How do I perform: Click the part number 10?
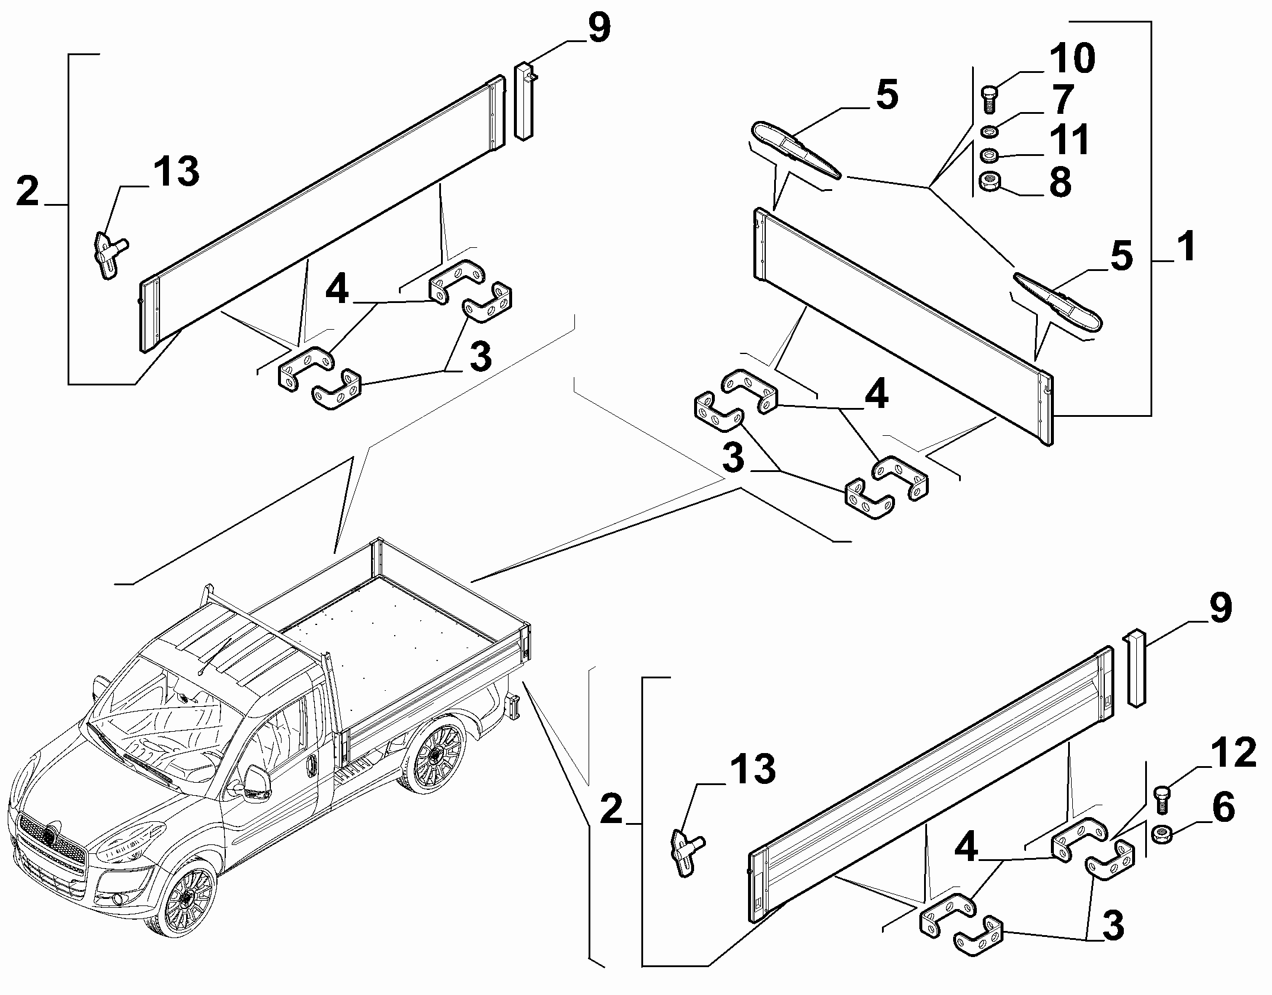(1072, 59)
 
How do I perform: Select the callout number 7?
(1062, 99)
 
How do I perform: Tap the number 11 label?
(1069, 140)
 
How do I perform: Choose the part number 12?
(1234, 753)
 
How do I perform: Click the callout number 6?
(1223, 808)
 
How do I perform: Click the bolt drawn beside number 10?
(990, 99)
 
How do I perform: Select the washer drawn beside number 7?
(989, 131)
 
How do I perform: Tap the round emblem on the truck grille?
(49, 837)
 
